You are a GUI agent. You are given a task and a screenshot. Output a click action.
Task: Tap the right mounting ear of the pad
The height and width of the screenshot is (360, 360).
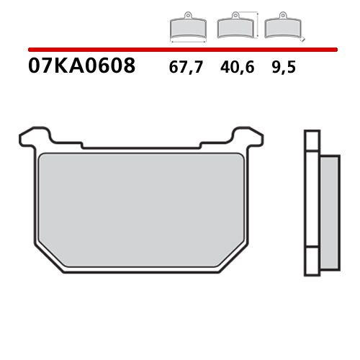[x=251, y=135]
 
